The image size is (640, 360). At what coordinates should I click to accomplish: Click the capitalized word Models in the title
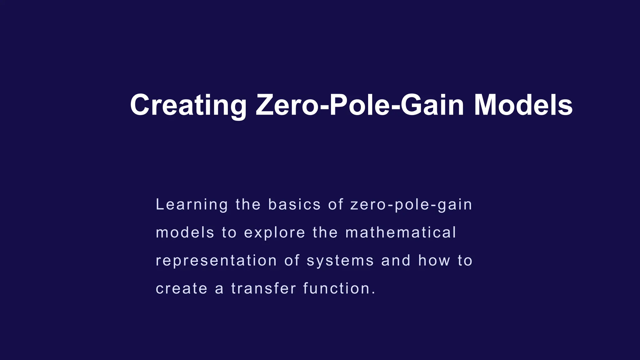(523, 105)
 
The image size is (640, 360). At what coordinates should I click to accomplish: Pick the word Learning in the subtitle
(192, 205)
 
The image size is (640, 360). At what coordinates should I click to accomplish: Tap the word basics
(294, 205)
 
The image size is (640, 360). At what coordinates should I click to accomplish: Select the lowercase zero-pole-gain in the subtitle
(411, 205)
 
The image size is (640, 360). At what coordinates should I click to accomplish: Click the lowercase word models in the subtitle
(185, 233)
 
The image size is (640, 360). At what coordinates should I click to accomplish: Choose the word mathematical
(401, 233)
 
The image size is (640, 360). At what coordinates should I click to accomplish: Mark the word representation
(216, 261)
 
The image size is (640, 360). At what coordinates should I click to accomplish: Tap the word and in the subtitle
(396, 261)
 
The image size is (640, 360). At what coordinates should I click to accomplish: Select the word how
(434, 261)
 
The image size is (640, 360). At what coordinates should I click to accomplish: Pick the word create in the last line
(182, 289)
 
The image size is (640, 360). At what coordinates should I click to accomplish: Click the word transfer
(263, 288)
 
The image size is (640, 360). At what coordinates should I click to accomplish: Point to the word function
(337, 288)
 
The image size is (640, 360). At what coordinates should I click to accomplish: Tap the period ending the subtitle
(373, 293)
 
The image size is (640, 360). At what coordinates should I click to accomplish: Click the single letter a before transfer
(219, 289)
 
